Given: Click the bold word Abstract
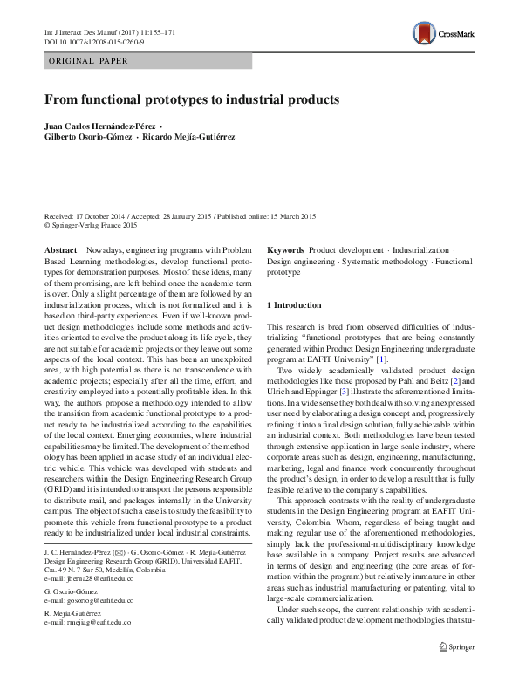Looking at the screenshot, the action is [60, 249].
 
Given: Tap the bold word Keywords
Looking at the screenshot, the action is [285, 249].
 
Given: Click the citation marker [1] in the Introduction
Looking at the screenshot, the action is [381, 359].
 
